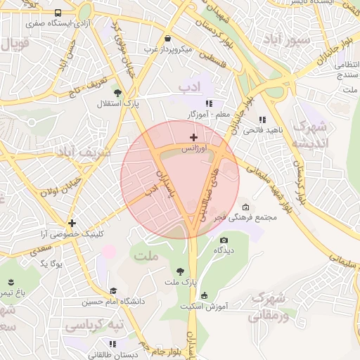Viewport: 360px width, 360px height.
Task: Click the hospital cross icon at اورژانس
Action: (x=193, y=136)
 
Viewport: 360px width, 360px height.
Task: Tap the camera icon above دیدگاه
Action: (x=224, y=240)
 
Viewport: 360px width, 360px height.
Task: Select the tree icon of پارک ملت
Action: (x=180, y=271)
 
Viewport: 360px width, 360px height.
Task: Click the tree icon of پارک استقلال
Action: (x=117, y=92)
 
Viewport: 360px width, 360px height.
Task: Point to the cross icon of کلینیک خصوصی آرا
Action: (x=72, y=223)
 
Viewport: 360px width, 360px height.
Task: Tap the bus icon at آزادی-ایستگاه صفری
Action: (x=57, y=13)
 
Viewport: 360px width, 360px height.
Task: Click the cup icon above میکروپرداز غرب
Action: (x=167, y=39)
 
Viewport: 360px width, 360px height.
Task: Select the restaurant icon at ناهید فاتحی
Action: (x=262, y=120)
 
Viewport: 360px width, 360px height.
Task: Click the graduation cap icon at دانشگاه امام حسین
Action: (x=113, y=290)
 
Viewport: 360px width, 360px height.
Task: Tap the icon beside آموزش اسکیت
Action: (x=205, y=295)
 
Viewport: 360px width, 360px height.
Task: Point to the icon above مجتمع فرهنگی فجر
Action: (x=245, y=207)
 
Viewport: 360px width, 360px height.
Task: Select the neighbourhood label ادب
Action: (x=190, y=87)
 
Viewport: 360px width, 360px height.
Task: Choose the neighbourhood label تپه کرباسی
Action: (x=94, y=326)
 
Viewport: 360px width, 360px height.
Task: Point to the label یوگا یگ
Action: (x=51, y=263)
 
